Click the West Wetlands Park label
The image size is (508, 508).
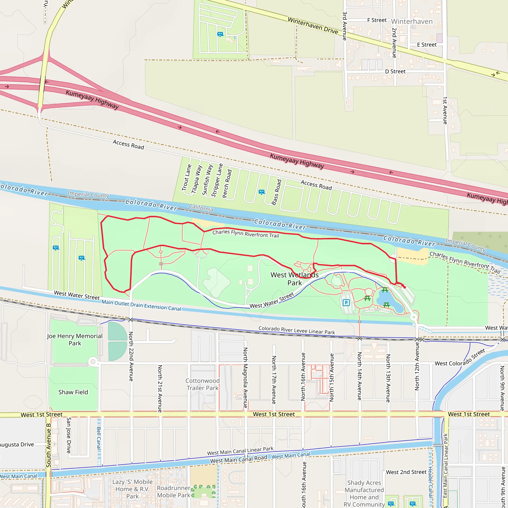click(294, 279)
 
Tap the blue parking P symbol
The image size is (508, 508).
click(346, 303)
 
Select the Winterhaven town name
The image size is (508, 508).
click(412, 22)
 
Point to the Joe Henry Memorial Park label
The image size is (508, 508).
click(75, 340)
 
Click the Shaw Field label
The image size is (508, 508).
click(73, 392)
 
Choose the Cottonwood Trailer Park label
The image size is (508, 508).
click(202, 384)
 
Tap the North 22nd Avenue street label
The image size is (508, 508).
click(131, 356)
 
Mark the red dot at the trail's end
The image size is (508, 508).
click(404, 287)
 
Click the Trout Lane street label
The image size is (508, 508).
click(187, 178)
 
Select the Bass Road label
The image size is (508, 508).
click(277, 192)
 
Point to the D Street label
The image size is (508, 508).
click(395, 71)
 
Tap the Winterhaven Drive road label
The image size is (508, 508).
click(313, 26)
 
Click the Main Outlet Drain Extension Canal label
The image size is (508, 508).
click(141, 305)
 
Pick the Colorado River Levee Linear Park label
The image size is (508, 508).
click(297, 330)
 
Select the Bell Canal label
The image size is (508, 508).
click(99, 438)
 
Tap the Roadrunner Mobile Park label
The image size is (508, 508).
click(174, 491)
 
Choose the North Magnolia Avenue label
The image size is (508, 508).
click(245, 378)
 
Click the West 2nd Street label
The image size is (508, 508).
click(406, 472)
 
